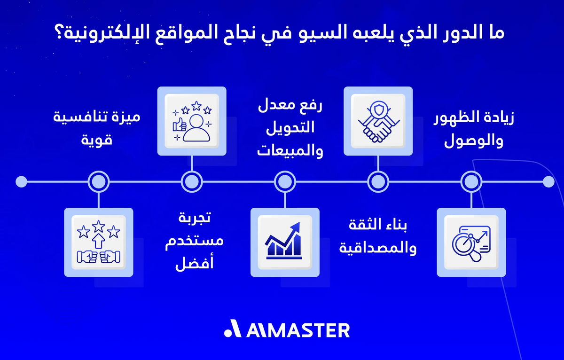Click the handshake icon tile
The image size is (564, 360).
click(378, 121)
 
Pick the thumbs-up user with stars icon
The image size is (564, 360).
click(192, 121)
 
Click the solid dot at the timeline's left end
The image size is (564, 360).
click(21, 181)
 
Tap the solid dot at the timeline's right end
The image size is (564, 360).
click(548, 181)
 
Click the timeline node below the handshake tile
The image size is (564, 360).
click(378, 181)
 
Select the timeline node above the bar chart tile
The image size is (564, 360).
click(285, 181)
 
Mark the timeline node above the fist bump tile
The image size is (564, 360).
click(98, 181)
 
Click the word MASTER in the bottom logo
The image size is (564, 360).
click(308, 330)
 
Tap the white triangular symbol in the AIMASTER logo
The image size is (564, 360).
click(232, 330)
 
